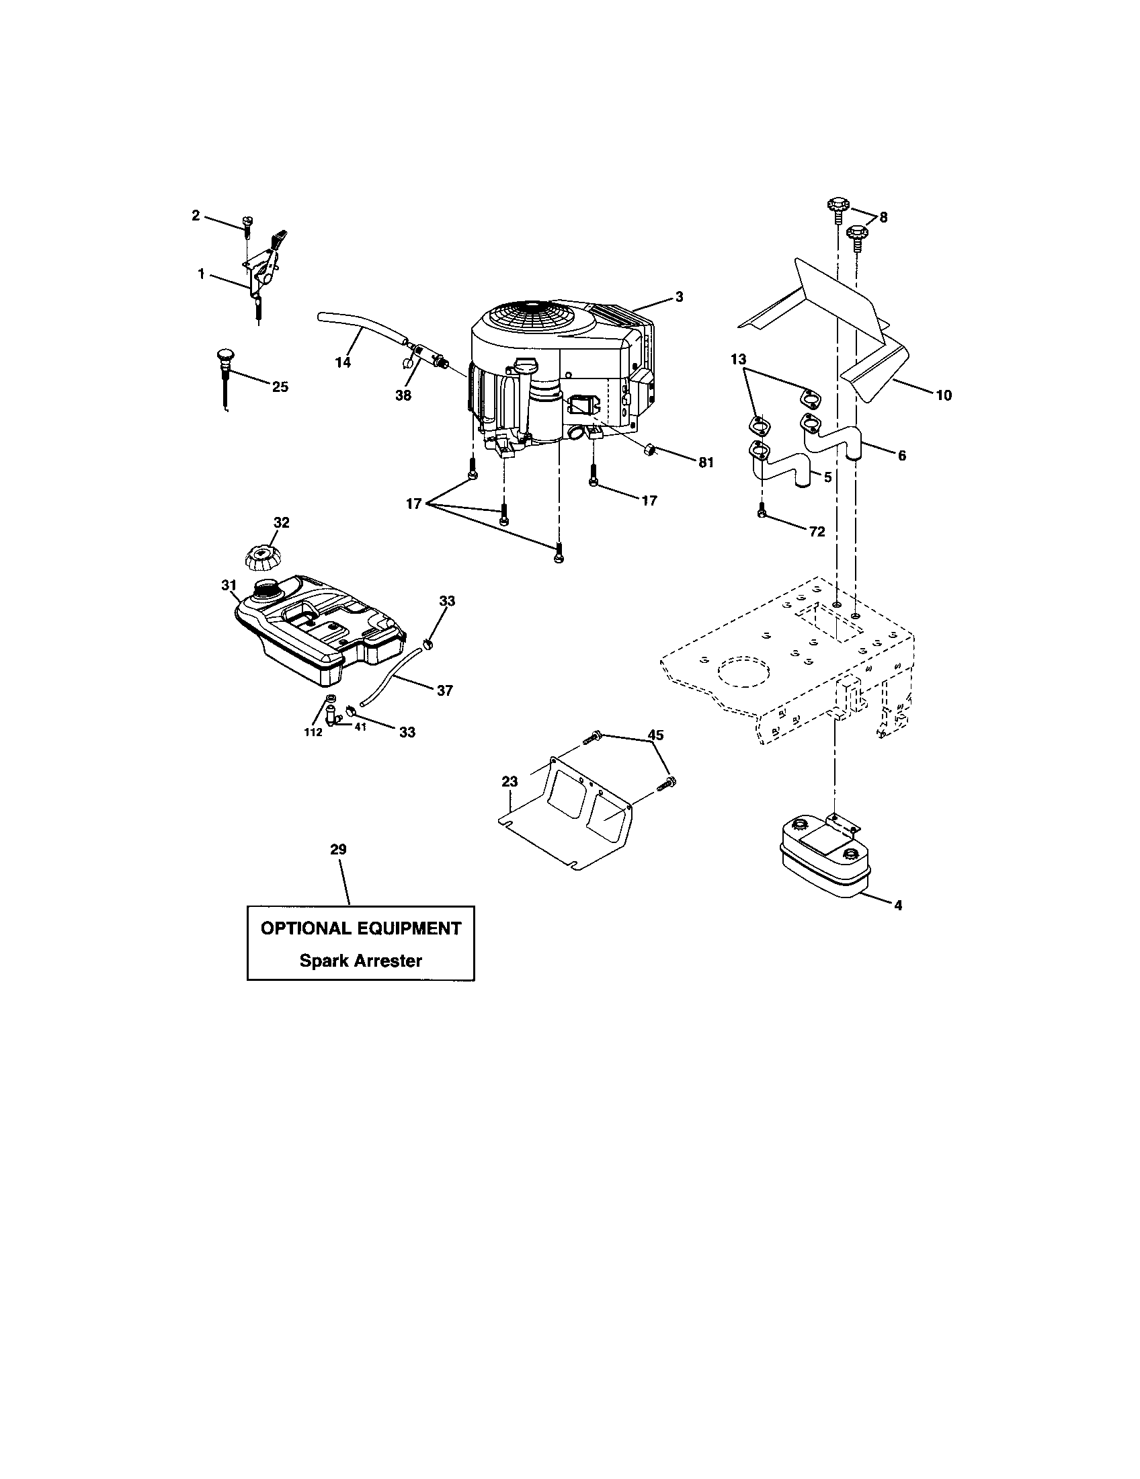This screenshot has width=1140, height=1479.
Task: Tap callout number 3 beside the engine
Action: tap(679, 296)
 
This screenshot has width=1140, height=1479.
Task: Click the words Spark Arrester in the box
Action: tap(361, 960)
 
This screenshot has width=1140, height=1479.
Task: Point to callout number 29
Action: tap(338, 849)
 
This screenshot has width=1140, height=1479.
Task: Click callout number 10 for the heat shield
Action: tap(943, 395)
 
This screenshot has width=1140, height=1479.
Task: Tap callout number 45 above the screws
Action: tap(655, 735)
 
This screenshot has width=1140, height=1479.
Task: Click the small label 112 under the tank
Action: tap(313, 732)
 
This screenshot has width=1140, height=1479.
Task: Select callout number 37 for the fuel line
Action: tap(444, 690)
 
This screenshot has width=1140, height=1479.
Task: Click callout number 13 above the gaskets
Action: tap(739, 358)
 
